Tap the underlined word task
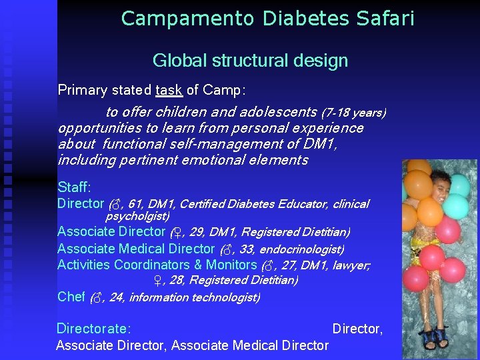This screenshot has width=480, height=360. pos(169,89)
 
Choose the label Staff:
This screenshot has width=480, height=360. pos(75,187)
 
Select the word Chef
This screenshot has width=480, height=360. pos(71,297)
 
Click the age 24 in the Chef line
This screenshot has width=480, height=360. pos(115,297)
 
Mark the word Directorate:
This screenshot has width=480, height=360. pos(93,328)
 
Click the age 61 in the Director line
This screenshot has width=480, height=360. pos(135,204)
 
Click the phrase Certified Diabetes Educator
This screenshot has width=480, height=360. pos(253,204)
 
